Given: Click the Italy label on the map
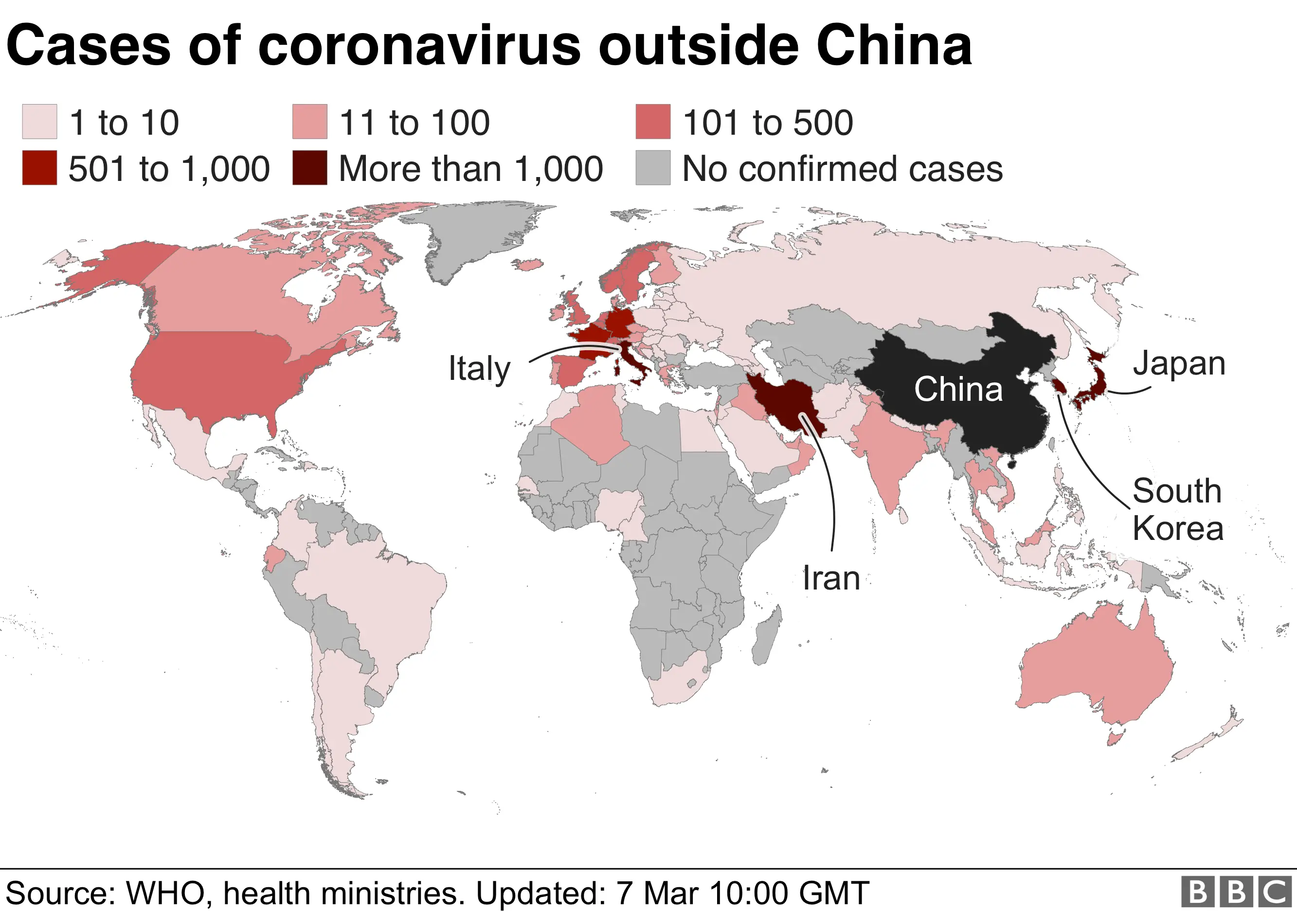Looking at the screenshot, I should click(479, 369).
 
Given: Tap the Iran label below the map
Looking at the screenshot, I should click(831, 578).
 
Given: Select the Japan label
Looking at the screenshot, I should click(1179, 363).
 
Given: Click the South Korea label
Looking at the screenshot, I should click(1177, 509).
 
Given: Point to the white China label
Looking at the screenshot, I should click(958, 389).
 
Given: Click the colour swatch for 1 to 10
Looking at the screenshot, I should click(39, 122).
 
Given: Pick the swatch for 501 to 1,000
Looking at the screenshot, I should click(39, 168).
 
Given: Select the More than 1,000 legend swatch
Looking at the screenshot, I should click(309, 168).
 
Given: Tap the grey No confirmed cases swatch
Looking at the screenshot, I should click(652, 168).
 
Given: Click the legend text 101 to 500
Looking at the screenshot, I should click(767, 123).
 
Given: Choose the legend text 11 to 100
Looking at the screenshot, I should click(414, 123).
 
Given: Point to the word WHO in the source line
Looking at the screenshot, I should click(165, 894).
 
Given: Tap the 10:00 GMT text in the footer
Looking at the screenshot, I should click(789, 894).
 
